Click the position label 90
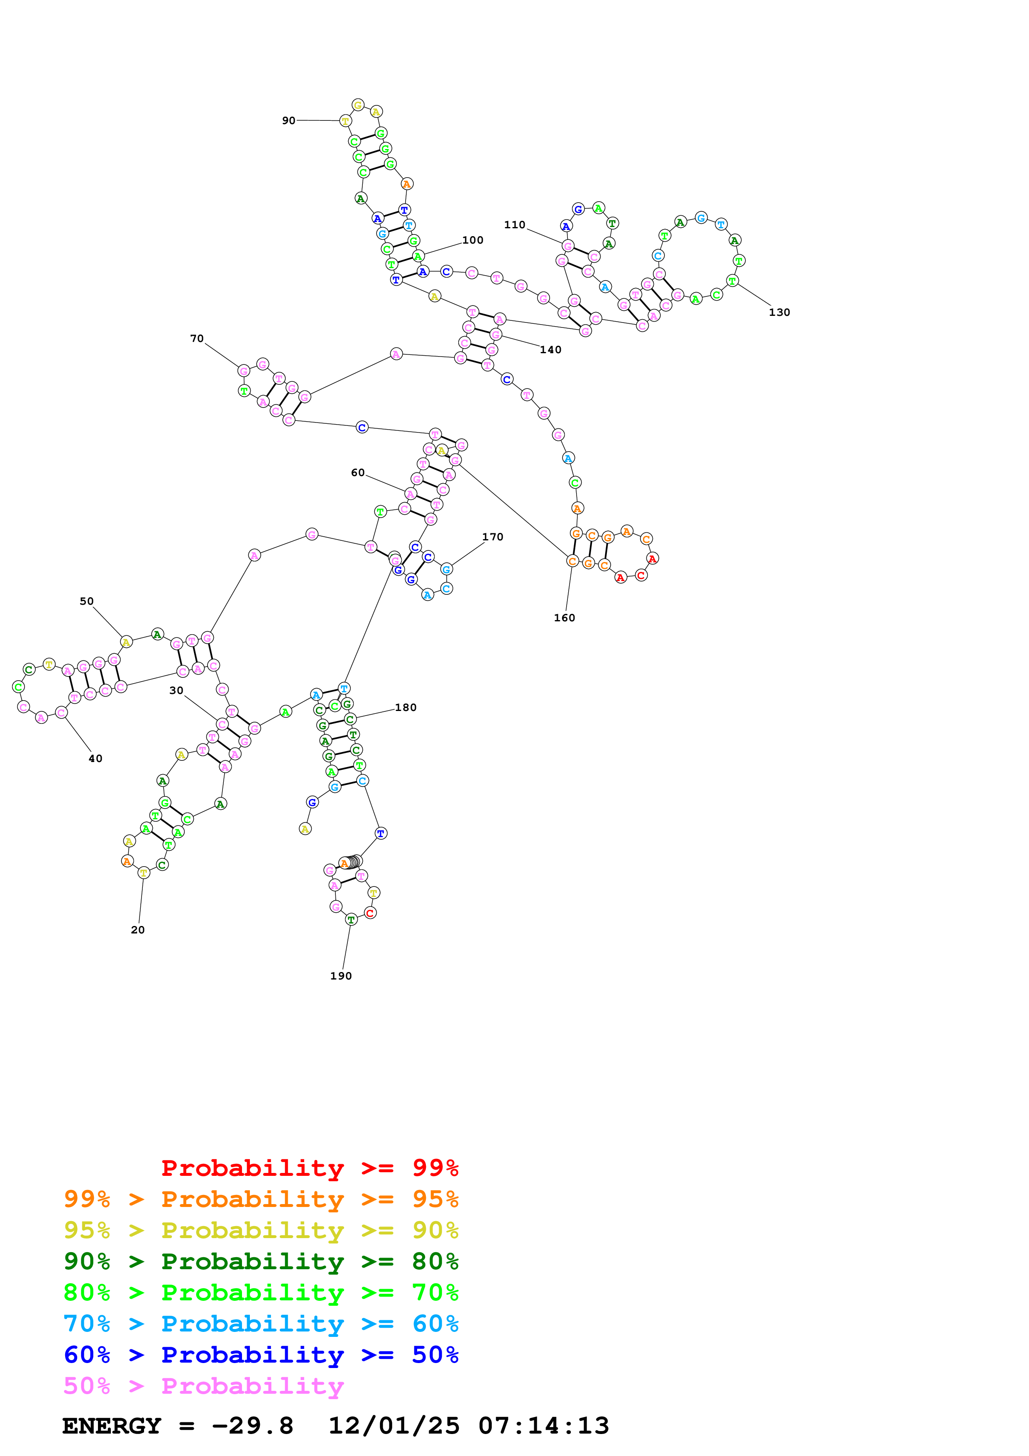coord(288,120)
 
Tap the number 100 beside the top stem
coord(472,240)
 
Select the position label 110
coord(514,225)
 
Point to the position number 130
coord(779,313)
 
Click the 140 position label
coord(550,350)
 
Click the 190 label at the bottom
coord(340,976)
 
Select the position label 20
coord(137,930)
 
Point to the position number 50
coord(87,601)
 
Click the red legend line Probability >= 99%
coord(309,1168)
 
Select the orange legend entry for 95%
coord(261,1199)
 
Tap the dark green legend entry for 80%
coord(261,1261)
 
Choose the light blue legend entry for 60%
coord(261,1324)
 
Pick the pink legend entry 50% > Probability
coord(203,1385)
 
